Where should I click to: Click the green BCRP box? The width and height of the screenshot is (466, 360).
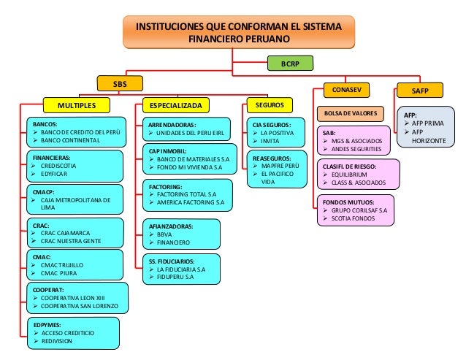tap(290, 64)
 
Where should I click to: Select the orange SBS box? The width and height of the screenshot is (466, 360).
tap(118, 84)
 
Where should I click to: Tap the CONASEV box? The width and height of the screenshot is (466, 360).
tap(347, 90)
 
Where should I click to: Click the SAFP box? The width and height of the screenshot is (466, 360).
tap(419, 91)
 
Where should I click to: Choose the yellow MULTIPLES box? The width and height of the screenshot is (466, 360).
tap(77, 104)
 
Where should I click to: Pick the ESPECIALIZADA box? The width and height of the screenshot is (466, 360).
tap(175, 104)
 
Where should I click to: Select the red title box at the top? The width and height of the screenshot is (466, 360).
tap(234, 31)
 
